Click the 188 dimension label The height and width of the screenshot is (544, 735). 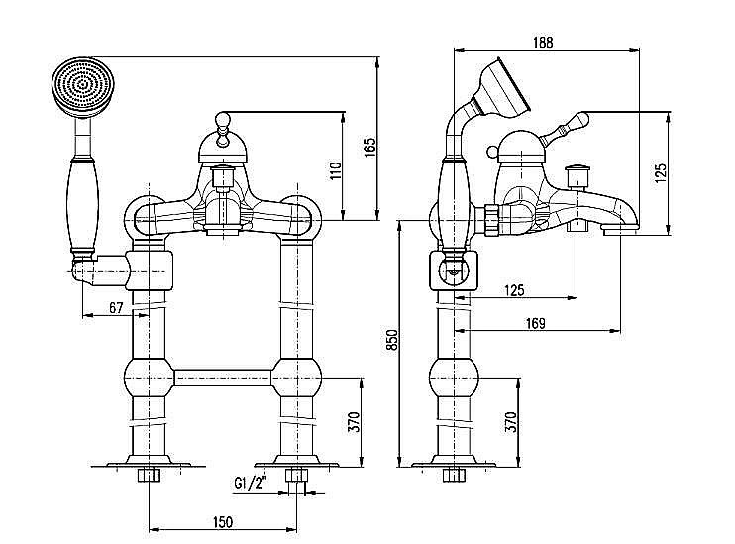pos(543,43)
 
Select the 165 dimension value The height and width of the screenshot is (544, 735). pos(370,148)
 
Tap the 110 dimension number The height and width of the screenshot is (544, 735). pos(336,171)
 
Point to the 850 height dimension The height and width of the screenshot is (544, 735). pos(392,340)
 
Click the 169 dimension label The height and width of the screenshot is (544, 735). pos(535,324)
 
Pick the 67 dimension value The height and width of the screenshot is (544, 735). pos(116,307)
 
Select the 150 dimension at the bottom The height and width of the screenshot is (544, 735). pos(222,522)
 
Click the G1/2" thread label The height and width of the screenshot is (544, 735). pos(250,483)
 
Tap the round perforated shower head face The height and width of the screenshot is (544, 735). pos(83,86)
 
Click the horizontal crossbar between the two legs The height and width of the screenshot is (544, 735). pos(223,378)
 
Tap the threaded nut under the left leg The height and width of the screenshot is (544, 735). pos(149,475)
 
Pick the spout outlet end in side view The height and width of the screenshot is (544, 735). pos(620,228)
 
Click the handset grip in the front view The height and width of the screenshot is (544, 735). pos(84,205)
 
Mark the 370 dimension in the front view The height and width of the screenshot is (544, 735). pos(354,421)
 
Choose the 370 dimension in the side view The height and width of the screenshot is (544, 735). pos(511,421)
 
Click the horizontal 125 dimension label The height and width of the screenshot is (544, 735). pos(514,290)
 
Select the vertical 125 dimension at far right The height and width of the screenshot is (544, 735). pos(660,173)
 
